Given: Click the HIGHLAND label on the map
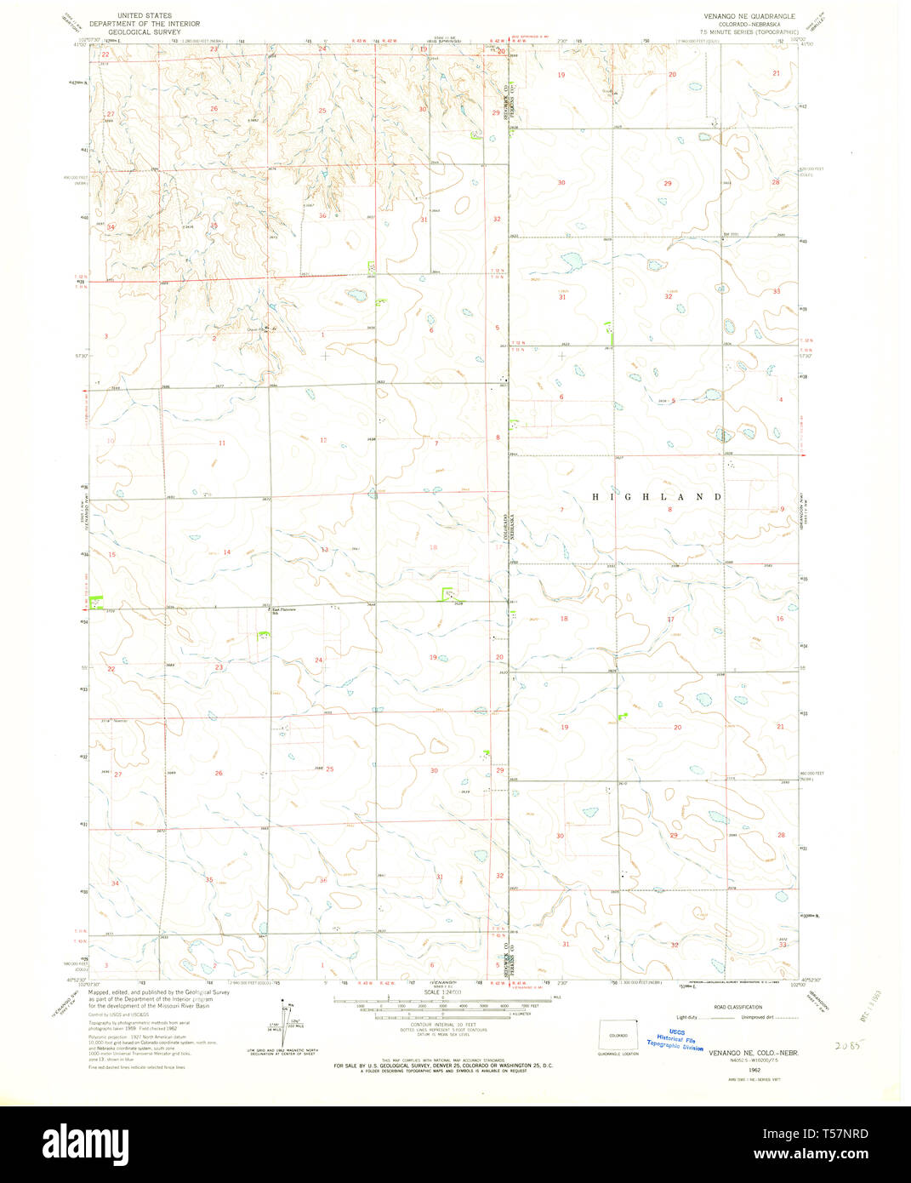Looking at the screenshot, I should tap(657, 496).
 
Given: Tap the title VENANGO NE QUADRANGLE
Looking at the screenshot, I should tap(748, 16).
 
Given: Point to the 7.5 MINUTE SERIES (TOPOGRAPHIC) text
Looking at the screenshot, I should tap(748, 31).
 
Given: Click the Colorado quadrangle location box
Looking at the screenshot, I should tap(618, 1036).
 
